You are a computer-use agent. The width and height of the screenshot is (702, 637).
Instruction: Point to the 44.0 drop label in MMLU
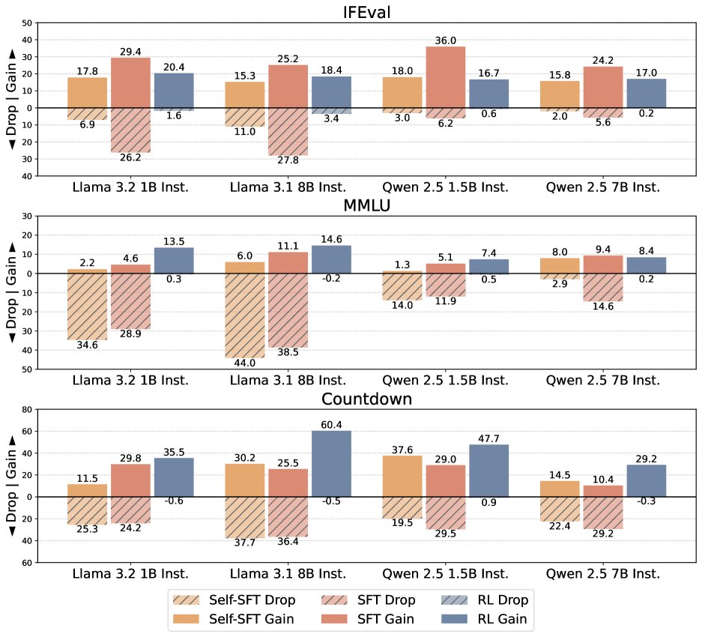(244, 363)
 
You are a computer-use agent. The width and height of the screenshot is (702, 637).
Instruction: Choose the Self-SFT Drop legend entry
(234, 600)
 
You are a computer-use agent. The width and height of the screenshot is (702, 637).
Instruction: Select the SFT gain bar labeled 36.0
(446, 76)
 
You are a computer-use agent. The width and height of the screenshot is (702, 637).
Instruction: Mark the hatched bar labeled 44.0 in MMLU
(244, 316)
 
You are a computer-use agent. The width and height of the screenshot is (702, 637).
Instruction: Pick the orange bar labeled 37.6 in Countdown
(402, 476)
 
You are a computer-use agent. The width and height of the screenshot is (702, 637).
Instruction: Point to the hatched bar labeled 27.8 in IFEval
(288, 132)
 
